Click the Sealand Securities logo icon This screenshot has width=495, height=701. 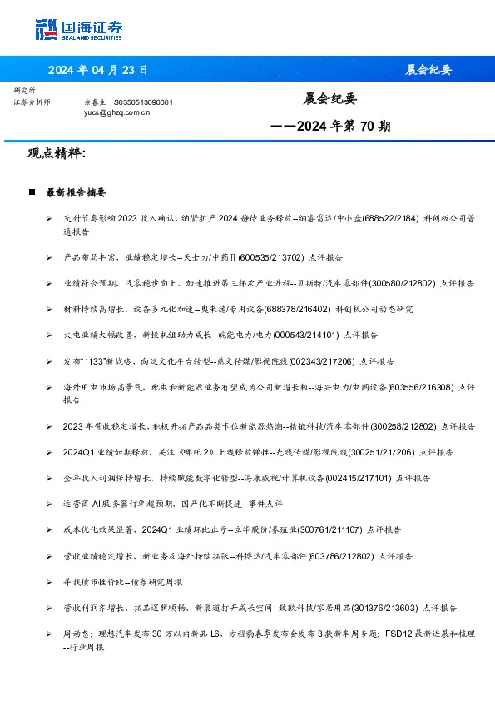coord(46,29)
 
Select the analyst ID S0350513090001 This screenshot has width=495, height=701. coord(143,102)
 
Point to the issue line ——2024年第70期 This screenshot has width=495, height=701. coord(331,127)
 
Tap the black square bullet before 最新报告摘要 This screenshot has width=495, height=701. coord(32,192)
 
